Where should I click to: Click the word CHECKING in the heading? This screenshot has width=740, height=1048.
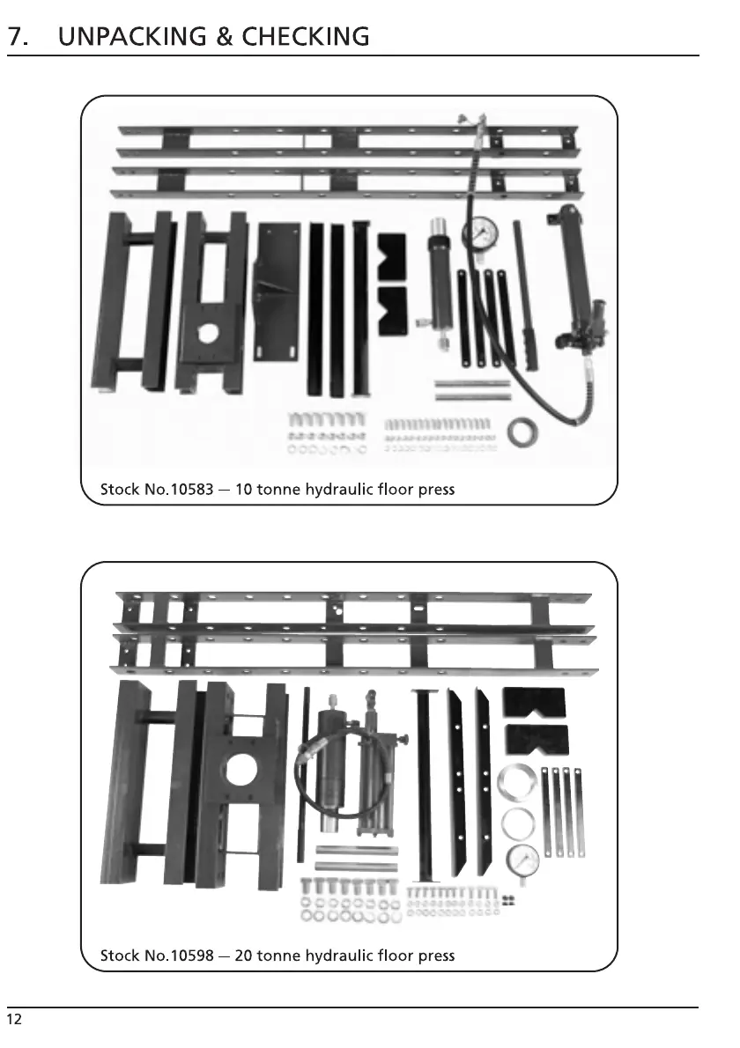point(306,37)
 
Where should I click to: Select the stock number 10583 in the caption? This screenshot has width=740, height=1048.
point(189,489)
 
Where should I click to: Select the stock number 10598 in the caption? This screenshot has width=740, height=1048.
point(189,956)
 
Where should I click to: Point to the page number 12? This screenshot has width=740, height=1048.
point(14,1020)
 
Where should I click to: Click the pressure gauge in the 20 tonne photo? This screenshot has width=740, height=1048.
point(523,860)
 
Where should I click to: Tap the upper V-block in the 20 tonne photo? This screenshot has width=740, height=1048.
point(533,702)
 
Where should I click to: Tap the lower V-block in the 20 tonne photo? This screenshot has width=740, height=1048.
point(536,739)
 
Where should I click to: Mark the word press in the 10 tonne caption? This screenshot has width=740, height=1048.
point(436,489)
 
